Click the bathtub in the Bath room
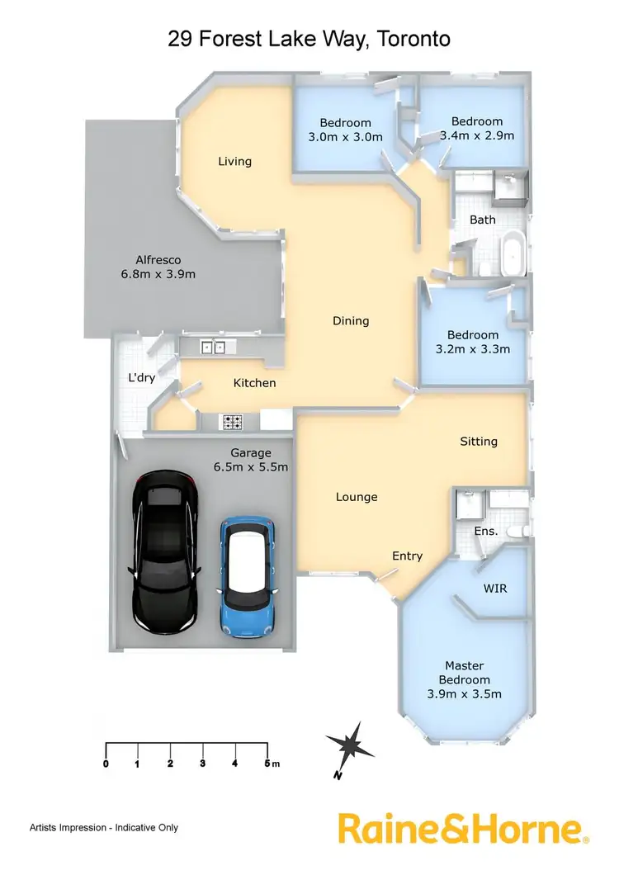(513, 255)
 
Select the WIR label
(494, 589)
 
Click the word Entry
(407, 556)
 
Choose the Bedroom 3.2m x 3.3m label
(473, 342)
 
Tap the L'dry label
(142, 377)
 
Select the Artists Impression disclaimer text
(103, 827)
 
